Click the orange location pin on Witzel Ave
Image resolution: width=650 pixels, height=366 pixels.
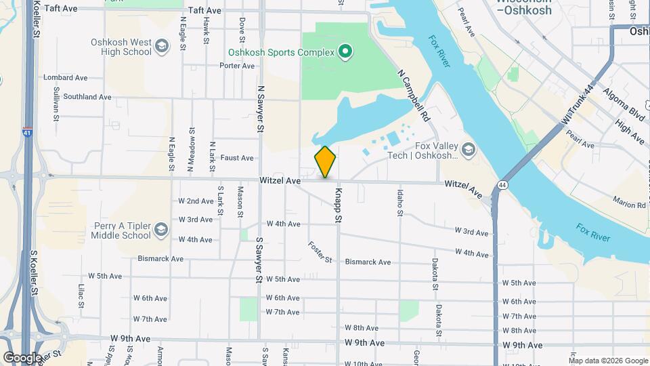[325, 162]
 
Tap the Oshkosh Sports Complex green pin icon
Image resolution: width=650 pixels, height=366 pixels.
[345, 52]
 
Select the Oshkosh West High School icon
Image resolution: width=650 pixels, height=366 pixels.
[161, 46]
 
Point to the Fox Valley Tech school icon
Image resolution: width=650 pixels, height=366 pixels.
[468, 149]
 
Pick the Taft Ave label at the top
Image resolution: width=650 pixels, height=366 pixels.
[205, 10]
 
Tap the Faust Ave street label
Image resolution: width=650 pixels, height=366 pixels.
[237, 158]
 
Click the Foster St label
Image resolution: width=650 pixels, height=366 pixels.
[320, 252]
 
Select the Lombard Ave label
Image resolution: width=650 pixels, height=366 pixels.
[66, 78]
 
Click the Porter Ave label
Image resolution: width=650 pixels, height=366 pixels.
[237, 66]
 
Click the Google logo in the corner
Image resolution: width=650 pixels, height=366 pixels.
[22, 358]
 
